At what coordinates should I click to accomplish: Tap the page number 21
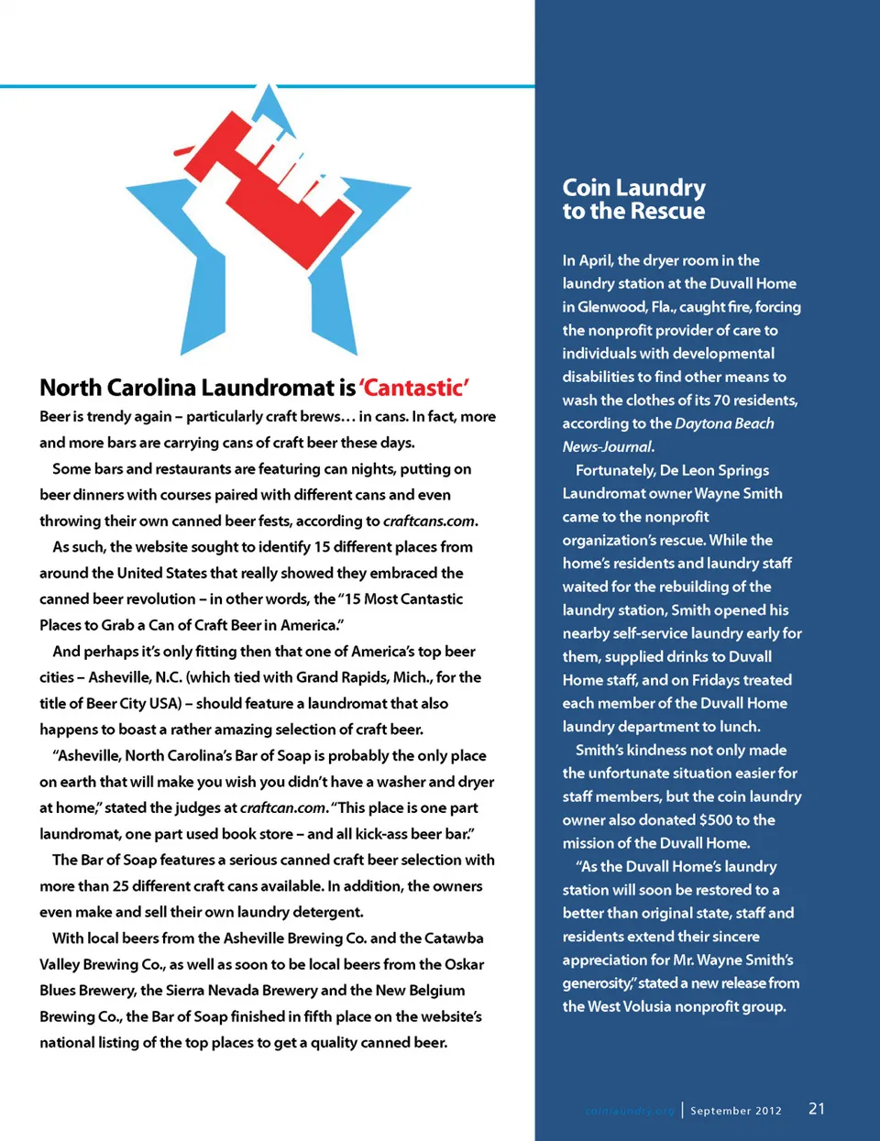click(816, 1109)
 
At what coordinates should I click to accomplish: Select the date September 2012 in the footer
click(736, 1111)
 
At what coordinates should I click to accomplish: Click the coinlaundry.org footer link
click(629, 1111)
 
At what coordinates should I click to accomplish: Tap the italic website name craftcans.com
click(429, 521)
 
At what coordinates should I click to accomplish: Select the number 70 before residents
click(722, 400)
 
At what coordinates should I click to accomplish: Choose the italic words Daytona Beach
click(725, 423)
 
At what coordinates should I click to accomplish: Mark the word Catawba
click(454, 938)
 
